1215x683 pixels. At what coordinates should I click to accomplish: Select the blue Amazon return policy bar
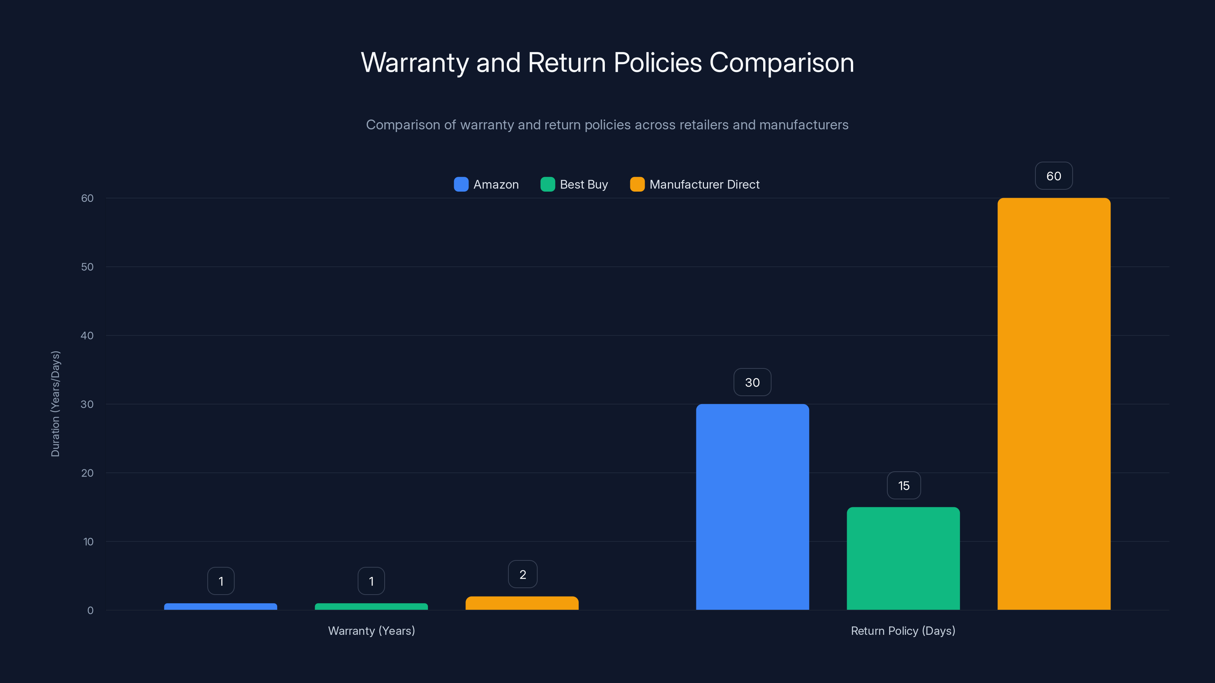(x=752, y=507)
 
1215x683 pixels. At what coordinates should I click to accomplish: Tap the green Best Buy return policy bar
(x=903, y=558)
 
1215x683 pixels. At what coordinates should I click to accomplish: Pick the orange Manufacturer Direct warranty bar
(x=522, y=603)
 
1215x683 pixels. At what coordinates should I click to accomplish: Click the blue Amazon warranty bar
(x=220, y=606)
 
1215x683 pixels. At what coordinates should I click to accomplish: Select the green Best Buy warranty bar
(x=371, y=606)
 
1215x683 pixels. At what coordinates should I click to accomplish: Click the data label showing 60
(x=1054, y=176)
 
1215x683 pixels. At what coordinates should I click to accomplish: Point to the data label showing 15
(x=904, y=486)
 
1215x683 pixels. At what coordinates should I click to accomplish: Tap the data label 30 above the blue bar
(x=752, y=382)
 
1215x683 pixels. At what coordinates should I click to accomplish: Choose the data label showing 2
(x=522, y=574)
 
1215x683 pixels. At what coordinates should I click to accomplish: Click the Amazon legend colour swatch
(x=461, y=184)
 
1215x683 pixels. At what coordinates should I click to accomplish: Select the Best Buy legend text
(x=584, y=184)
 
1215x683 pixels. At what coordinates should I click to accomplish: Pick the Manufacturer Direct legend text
(x=704, y=184)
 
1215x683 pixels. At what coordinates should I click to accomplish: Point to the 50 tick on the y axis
(x=87, y=267)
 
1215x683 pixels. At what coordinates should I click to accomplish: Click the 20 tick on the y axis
(x=87, y=473)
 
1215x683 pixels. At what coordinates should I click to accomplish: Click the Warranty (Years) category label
(x=371, y=631)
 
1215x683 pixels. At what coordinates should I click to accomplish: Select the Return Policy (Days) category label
(x=903, y=631)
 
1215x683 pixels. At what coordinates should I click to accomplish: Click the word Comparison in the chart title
(x=781, y=63)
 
